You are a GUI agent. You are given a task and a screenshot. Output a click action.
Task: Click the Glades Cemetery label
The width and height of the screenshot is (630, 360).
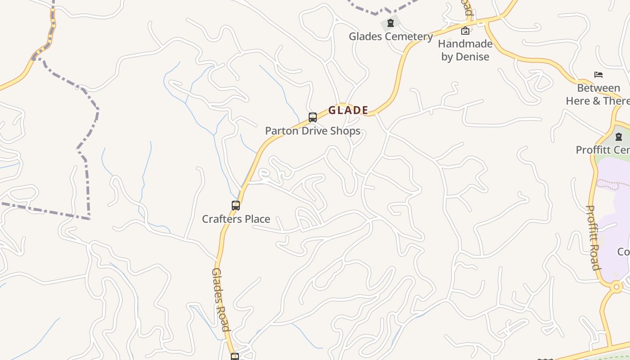(391, 36)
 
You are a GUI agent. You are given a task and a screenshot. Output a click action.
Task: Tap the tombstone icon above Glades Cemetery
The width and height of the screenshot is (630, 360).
(391, 22)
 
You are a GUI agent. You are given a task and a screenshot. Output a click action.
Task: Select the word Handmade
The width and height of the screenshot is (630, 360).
(465, 44)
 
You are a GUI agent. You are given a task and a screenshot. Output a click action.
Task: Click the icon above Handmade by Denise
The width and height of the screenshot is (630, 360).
(465, 31)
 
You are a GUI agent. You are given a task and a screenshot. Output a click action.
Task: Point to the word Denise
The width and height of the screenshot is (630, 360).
(472, 57)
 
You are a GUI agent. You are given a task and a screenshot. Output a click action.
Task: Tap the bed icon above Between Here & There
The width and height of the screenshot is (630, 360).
(598, 75)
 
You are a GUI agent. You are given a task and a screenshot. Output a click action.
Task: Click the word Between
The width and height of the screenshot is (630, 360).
(598, 88)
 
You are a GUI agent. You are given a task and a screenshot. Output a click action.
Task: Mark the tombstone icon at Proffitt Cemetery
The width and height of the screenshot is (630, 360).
(619, 136)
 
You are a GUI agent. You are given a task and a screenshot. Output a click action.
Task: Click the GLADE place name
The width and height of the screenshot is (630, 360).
(348, 110)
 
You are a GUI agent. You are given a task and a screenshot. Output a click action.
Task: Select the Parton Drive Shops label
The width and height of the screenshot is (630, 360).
(312, 131)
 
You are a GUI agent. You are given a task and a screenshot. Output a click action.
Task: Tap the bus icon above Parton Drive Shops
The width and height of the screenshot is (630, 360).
(313, 117)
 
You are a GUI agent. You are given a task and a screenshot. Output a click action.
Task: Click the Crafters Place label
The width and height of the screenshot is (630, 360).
(236, 219)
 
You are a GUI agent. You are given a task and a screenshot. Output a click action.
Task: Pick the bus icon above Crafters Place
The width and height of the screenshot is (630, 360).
(236, 206)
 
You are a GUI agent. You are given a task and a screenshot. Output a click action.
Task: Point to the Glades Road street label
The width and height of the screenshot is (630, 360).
(221, 299)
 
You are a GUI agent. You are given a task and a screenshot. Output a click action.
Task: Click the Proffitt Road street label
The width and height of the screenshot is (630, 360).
(594, 238)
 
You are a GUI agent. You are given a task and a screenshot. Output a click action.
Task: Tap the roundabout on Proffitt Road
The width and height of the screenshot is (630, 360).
(616, 286)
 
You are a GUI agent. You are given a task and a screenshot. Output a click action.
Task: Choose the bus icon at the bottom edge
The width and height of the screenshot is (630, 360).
(234, 357)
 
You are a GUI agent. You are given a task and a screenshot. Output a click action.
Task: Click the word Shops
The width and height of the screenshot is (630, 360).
(345, 131)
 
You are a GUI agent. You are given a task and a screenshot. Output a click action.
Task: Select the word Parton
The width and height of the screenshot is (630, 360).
(280, 131)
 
